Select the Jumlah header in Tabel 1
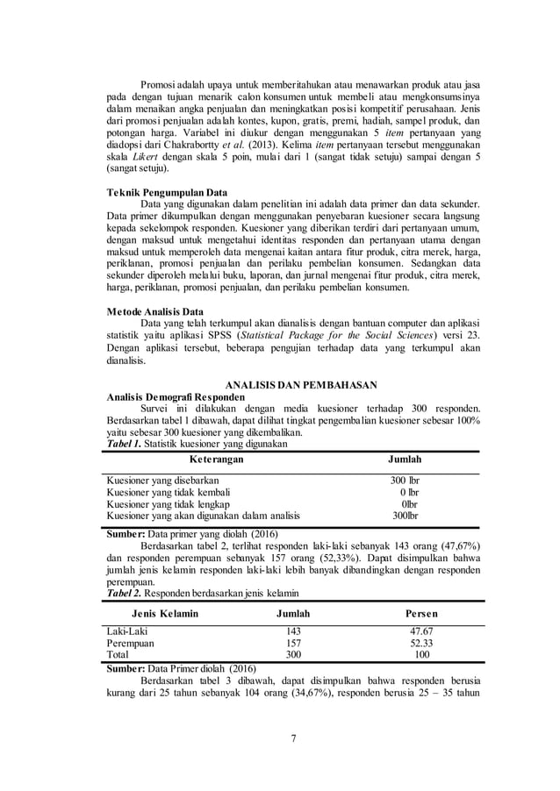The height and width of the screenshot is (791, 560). point(405,459)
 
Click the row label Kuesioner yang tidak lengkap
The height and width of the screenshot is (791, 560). point(168,504)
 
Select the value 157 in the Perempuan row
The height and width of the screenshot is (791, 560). point(293,643)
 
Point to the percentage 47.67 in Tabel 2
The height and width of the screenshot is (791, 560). point(421,631)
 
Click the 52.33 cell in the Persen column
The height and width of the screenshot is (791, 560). point(421,643)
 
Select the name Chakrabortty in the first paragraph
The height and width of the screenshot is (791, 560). point(184,143)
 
